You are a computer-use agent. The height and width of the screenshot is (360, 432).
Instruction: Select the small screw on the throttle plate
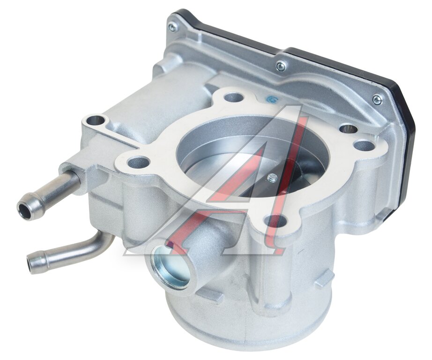[273, 178]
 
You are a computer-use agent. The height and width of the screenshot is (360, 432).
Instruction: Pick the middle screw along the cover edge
[280, 66]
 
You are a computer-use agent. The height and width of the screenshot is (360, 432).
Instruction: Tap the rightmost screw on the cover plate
[378, 99]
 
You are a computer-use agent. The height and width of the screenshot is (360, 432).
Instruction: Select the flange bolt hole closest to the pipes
[138, 162]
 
